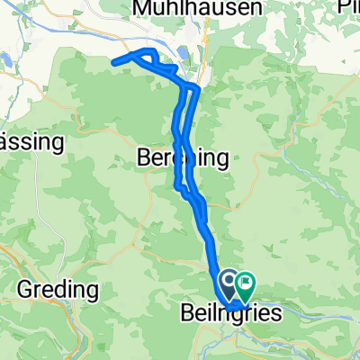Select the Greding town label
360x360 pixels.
[58, 291]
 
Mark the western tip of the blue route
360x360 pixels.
[112, 61]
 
